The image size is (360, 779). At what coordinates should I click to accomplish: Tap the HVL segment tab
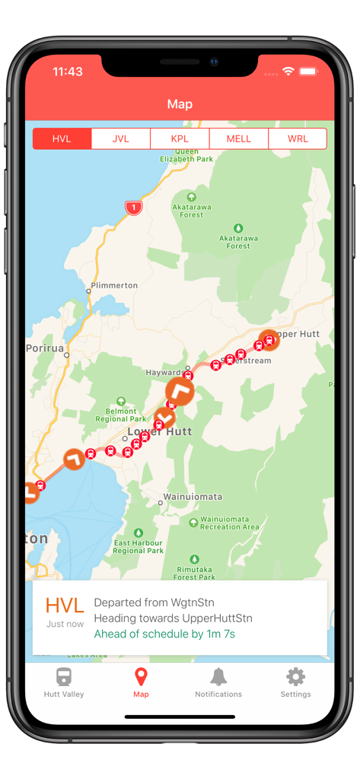click(x=62, y=139)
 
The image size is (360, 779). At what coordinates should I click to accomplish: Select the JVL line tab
click(x=121, y=139)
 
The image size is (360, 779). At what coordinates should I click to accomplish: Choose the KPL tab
click(x=180, y=139)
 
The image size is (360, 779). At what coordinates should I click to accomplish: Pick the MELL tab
click(x=239, y=139)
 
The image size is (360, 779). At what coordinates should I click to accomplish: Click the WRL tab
click(x=298, y=139)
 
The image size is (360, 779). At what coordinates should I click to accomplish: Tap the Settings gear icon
click(x=295, y=677)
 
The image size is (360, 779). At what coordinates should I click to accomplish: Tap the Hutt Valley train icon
click(x=64, y=677)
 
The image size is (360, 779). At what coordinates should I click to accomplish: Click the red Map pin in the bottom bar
click(x=141, y=677)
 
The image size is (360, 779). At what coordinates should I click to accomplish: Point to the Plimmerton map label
click(x=114, y=285)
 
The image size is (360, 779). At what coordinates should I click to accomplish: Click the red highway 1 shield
click(x=134, y=207)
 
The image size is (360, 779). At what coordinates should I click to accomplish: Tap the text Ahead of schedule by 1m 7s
click(x=164, y=634)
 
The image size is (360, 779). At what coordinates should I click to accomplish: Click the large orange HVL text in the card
click(x=65, y=606)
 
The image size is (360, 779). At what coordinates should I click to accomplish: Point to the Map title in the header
click(x=180, y=104)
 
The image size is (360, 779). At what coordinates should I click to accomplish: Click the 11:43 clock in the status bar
click(x=68, y=72)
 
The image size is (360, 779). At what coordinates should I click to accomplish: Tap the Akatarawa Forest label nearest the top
click(x=191, y=211)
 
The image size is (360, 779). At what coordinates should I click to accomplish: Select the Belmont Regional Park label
click(x=121, y=415)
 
